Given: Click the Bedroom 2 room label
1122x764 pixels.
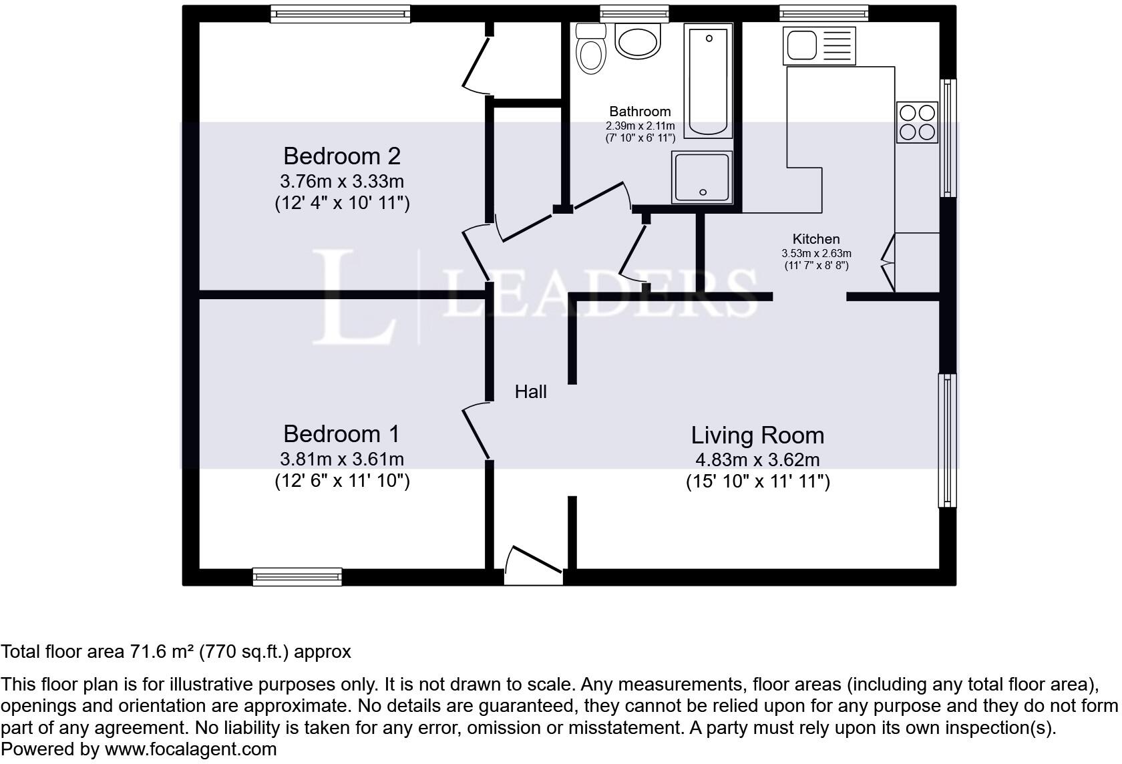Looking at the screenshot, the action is click(341, 156).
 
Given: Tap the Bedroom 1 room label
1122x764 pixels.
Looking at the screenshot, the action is click(341, 434).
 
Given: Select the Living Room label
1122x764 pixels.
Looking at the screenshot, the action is click(757, 435).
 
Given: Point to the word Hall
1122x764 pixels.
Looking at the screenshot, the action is click(530, 392).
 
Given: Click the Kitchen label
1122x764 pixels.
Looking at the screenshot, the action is click(815, 239).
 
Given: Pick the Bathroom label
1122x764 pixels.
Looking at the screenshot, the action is click(640, 112).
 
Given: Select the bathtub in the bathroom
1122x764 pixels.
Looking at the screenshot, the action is click(708, 80).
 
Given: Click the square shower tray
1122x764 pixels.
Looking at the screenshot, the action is click(702, 177).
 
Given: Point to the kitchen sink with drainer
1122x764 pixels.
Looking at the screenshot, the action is click(821, 45).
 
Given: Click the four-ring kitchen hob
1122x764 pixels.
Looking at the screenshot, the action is click(917, 122).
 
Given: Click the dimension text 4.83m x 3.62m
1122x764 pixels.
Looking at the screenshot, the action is click(757, 460).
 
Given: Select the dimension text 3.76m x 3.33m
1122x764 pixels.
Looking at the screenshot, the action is click(341, 181).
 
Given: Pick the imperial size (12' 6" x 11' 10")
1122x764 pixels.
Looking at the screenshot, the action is click(342, 481).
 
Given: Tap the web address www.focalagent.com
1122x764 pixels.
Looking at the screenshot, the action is click(190, 749).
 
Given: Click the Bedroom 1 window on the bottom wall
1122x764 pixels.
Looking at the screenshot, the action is click(297, 577).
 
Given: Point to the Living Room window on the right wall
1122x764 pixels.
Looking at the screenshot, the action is click(947, 440).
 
